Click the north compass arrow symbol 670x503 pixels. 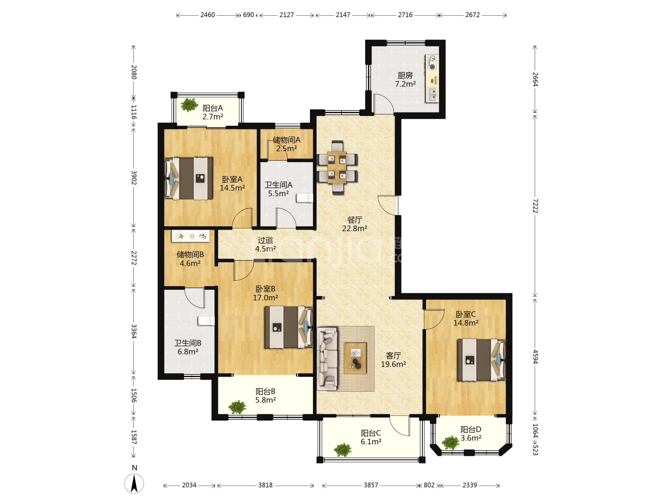pyautogui.click(x=134, y=483)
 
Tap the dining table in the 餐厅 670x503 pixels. pyautogui.click(x=337, y=167)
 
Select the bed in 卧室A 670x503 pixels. pyautogui.click(x=188, y=178)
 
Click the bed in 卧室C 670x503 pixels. pyautogui.click(x=481, y=360)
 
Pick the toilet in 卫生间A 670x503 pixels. pyautogui.click(x=305, y=198)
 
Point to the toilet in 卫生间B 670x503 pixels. pyautogui.click(x=206, y=321)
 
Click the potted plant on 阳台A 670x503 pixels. pyautogui.click(x=189, y=104)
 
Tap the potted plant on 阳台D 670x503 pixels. pyautogui.click(x=451, y=443)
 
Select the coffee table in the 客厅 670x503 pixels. pyautogui.click(x=355, y=358)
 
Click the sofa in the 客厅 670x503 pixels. pyautogui.click(x=327, y=358)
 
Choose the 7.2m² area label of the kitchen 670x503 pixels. pyautogui.click(x=405, y=84)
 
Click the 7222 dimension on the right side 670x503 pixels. pyautogui.click(x=535, y=206)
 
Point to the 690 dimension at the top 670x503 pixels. pyautogui.click(x=248, y=15)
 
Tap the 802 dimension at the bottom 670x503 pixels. pyautogui.click(x=429, y=485)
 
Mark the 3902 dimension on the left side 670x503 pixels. pyautogui.click(x=134, y=177)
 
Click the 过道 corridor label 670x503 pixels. pyautogui.click(x=265, y=240)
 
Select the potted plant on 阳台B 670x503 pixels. pyautogui.click(x=237, y=407)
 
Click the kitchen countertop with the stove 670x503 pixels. pyautogui.click(x=432, y=79)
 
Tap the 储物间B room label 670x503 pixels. pyautogui.click(x=190, y=255)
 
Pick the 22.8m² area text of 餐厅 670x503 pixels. pyautogui.click(x=355, y=228)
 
